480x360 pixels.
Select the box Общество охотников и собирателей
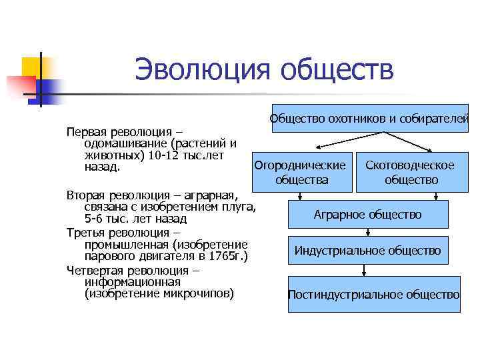[369, 119]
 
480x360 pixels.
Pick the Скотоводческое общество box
[411, 173]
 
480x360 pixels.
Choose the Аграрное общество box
[368, 215]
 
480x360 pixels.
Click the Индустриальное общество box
[368, 251]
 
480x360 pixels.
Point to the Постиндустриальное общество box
[373, 294]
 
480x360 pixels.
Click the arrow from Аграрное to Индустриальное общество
[369, 232]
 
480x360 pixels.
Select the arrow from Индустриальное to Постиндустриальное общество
[364, 270]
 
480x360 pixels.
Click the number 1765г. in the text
[226, 257]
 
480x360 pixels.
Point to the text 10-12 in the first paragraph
[163, 155]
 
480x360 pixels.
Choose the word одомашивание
[125, 143]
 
